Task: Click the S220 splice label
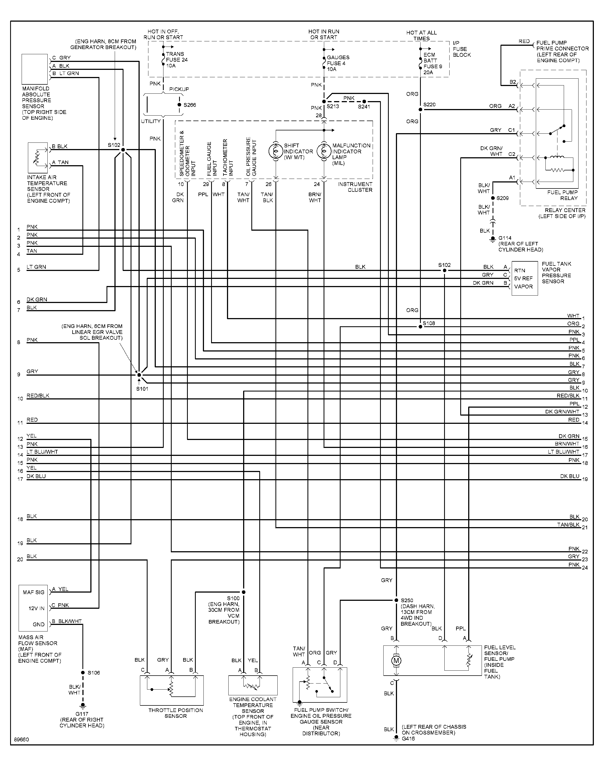(429, 105)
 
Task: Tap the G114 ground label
(505, 238)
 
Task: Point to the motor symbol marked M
(396, 661)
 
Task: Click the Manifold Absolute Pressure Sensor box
(34, 69)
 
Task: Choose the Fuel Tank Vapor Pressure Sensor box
(525, 278)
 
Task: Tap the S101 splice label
(142, 389)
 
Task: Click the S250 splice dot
(396, 600)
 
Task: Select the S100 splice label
(233, 598)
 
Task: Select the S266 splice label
(189, 105)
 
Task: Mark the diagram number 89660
(22, 740)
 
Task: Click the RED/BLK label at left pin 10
(38, 396)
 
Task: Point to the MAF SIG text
(34, 592)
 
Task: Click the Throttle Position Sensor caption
(176, 713)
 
